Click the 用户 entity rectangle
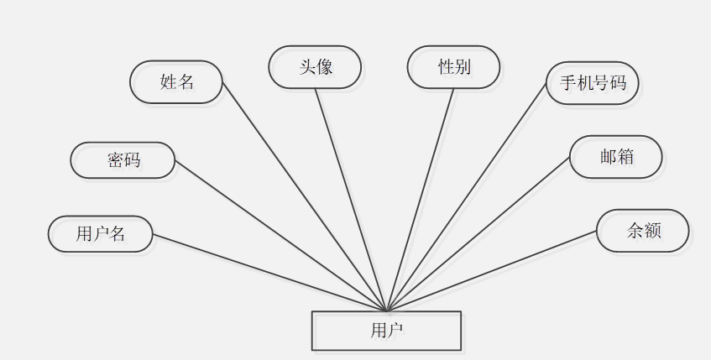[386, 331]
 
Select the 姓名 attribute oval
[176, 82]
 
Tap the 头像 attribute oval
[315, 67]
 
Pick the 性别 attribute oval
[453, 67]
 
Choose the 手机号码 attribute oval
[593, 83]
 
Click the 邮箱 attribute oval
[615, 157]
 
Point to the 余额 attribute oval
[643, 231]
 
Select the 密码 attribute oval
[123, 160]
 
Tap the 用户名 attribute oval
[101, 234]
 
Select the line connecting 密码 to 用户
[280, 235]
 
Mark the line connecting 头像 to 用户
[351, 200]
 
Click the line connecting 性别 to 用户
[420, 200]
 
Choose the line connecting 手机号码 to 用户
[466, 197]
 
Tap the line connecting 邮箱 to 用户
[478, 234]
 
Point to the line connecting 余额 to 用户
[491, 271]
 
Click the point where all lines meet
[386, 310]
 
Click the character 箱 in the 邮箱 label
[625, 157]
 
